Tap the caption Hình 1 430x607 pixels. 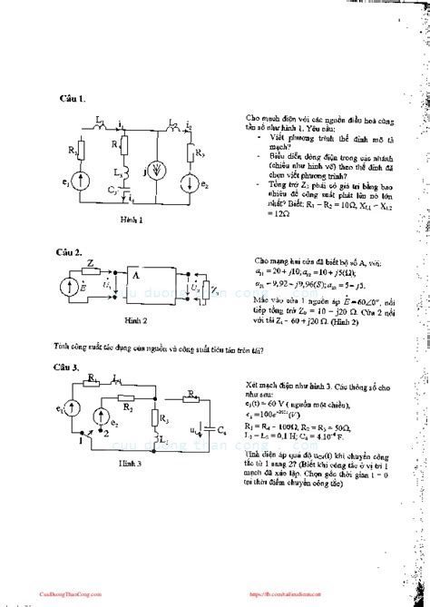(133, 220)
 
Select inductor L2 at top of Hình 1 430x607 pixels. (172, 118)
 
